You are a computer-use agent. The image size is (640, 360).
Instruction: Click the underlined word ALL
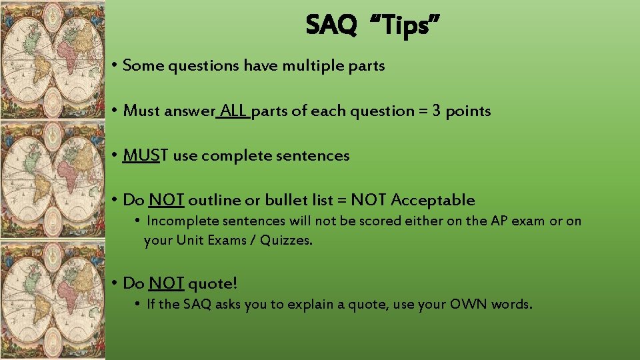coord(233,111)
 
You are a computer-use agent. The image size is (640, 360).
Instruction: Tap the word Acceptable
coord(433,199)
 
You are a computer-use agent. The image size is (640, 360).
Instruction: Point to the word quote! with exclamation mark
coord(213,283)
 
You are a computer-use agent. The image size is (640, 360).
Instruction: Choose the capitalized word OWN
coord(469,304)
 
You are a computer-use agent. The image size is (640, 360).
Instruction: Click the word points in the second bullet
coord(468,111)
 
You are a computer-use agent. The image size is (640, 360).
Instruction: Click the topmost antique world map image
coord(53,60)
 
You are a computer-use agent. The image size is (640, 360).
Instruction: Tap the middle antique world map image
coord(53,180)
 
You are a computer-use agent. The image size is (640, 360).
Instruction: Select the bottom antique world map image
coord(53,300)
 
